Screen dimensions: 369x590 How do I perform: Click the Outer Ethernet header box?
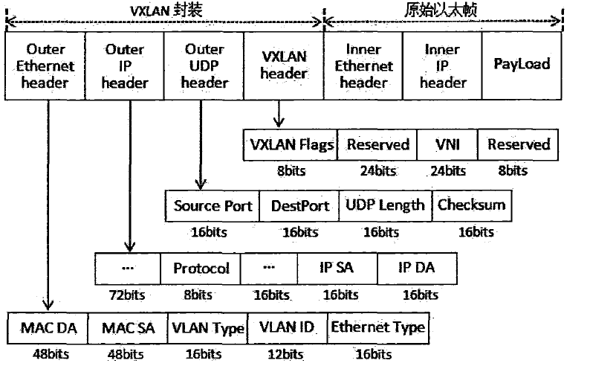[x=45, y=65]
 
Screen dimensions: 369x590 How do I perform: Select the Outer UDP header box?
[x=204, y=65]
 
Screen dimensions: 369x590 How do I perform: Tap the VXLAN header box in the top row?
[x=285, y=65]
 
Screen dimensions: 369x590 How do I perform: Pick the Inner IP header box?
[x=442, y=65]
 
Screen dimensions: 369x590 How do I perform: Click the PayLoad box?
[x=522, y=65]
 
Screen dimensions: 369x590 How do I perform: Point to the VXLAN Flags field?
[x=290, y=144]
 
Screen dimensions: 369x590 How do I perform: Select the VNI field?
[x=447, y=144]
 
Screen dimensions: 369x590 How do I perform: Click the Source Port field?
[x=213, y=205]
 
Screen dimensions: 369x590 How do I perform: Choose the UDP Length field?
[x=385, y=205]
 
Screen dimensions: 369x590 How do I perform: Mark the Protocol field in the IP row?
[x=201, y=267]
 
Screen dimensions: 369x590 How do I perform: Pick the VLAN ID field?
[x=286, y=328]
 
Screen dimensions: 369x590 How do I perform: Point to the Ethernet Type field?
[x=377, y=328]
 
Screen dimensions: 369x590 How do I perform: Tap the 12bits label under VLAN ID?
[x=285, y=355]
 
